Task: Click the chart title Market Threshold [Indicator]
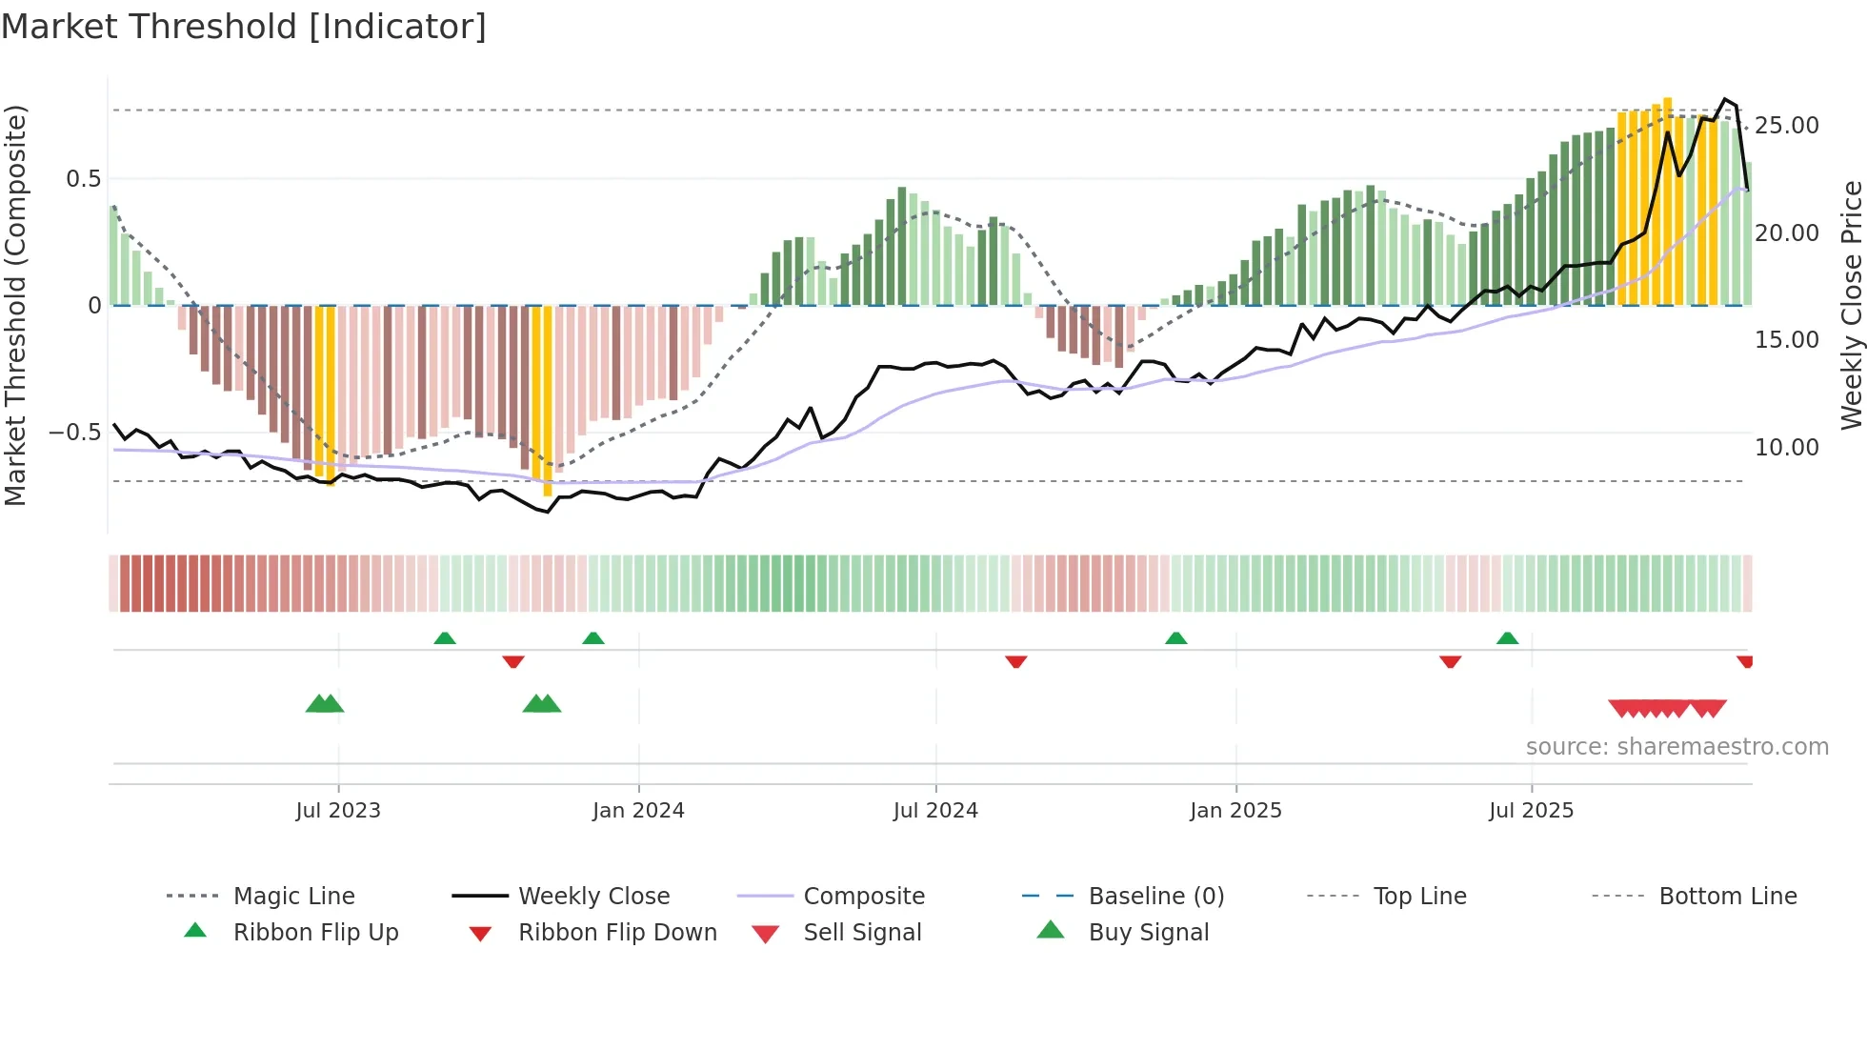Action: (244, 27)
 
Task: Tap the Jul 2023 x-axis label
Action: (337, 811)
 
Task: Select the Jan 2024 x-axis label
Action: (637, 811)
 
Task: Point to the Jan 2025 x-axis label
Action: (1235, 811)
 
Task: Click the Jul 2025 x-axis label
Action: (1531, 811)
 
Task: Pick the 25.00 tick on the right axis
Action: (1786, 126)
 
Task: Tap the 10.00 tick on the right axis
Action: (1786, 448)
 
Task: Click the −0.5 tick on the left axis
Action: (75, 433)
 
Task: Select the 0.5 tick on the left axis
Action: (83, 179)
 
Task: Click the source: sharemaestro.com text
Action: (1676, 747)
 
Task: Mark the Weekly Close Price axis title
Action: (1851, 305)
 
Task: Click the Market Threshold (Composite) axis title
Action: (15, 305)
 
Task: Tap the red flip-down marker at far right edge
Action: (1745, 661)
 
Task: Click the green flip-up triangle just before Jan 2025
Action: (1175, 638)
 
